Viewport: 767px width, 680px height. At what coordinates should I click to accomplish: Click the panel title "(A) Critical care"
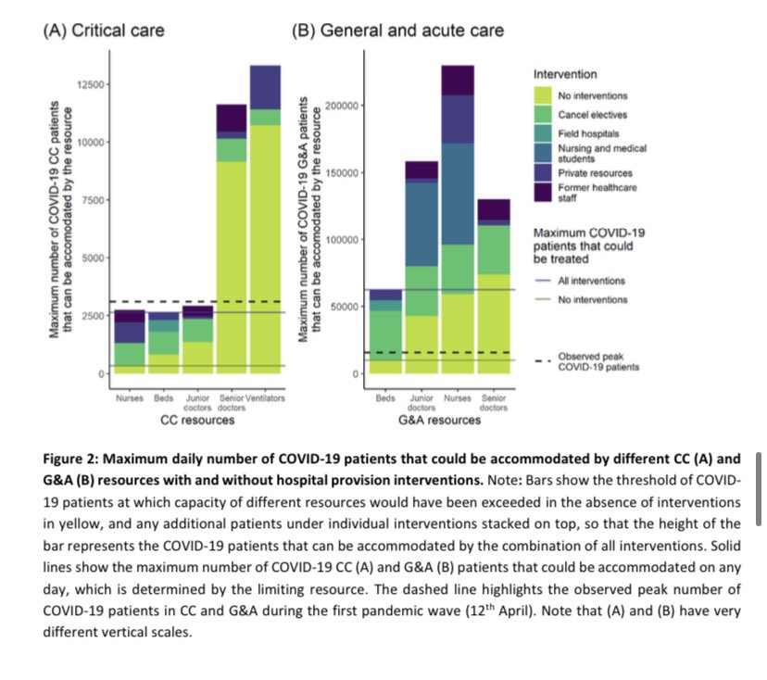click(104, 31)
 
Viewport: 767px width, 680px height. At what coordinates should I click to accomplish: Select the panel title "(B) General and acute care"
click(397, 31)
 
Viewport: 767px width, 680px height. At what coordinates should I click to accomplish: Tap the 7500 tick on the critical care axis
click(94, 200)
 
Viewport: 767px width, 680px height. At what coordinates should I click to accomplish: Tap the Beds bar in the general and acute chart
click(386, 334)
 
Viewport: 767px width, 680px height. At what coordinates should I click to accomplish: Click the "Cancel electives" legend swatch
click(544, 115)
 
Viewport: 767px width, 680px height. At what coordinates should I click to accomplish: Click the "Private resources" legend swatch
click(544, 172)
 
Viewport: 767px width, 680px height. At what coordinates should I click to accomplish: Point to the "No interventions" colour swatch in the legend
click(544, 96)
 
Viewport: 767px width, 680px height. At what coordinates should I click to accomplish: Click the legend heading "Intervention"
click(565, 74)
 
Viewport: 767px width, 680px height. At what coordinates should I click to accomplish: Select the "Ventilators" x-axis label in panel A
click(266, 398)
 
